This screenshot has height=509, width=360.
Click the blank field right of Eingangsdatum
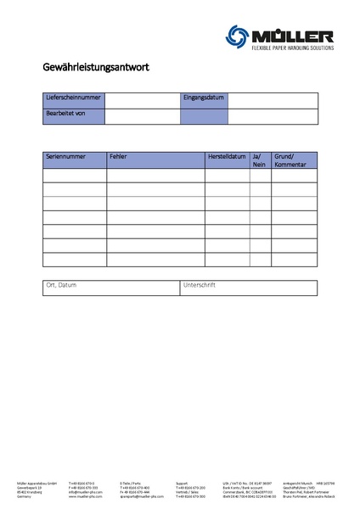(273, 100)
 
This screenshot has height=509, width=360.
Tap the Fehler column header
(119, 157)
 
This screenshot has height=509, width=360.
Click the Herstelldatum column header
(227, 157)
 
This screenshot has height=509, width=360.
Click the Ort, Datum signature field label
(61, 285)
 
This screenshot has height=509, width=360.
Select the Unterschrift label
(200, 285)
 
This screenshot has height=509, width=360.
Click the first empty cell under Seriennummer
(75, 176)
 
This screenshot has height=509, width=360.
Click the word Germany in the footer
(23, 496)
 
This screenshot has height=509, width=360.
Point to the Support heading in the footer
(182, 482)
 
